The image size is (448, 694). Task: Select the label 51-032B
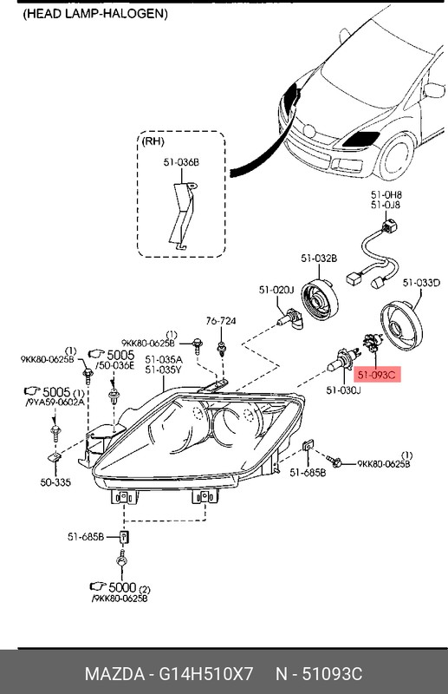coord(319,259)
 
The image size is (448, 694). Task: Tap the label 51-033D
coord(422,282)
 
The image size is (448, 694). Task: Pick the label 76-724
coord(221,322)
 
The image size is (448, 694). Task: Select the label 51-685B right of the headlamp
coord(308,472)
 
